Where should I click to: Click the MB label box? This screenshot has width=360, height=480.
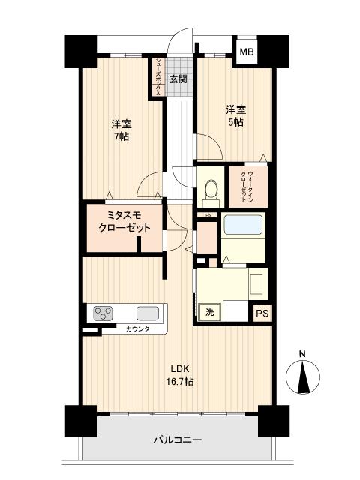coord(246,52)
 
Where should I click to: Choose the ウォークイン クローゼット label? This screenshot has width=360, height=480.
coord(247,184)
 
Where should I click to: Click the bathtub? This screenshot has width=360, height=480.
coord(244,225)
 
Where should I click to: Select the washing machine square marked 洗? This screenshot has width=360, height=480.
coord(208,310)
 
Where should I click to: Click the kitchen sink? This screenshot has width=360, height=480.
coord(147,312)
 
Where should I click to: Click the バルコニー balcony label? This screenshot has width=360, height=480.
coord(178,440)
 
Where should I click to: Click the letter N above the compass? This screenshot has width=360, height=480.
coord(302,354)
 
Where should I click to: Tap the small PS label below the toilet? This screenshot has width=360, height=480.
coord(208,216)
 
